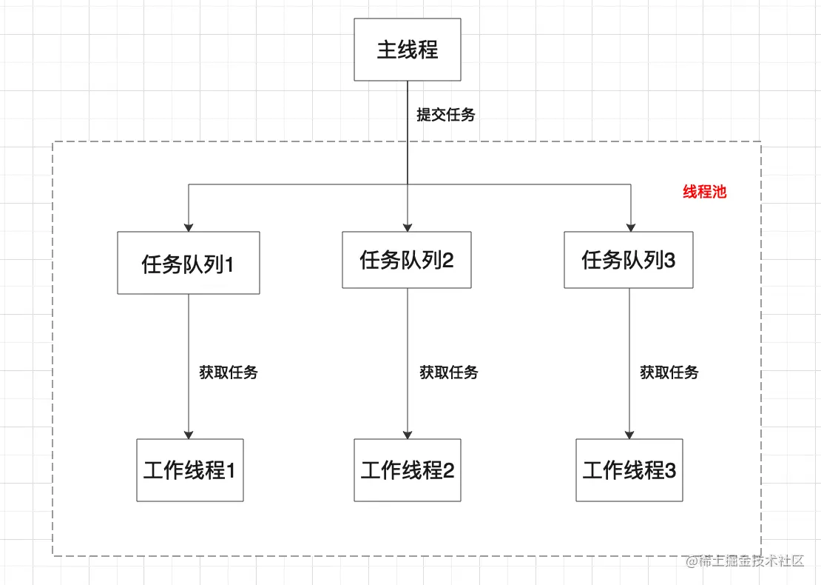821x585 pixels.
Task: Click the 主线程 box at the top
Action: click(408, 50)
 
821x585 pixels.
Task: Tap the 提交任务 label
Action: click(445, 115)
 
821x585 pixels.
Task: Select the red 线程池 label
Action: click(704, 193)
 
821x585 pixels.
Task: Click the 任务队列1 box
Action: click(189, 263)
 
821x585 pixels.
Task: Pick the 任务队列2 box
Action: click(407, 260)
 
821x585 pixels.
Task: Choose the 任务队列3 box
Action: click(629, 260)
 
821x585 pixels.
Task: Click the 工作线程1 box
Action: click(189, 470)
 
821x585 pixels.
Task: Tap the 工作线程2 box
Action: click(408, 470)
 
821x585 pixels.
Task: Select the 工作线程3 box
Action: click(629, 470)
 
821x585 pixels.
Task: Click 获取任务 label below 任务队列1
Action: click(229, 372)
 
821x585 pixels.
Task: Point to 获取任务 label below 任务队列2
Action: click(449, 372)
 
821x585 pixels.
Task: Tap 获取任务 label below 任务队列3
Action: click(669, 372)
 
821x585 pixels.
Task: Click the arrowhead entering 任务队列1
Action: click(189, 227)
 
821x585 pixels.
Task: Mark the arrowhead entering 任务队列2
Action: click(408, 227)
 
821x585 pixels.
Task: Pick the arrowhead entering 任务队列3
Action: click(631, 227)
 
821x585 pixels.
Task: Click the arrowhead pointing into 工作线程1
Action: click(189, 434)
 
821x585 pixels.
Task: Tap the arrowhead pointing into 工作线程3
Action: click(629, 434)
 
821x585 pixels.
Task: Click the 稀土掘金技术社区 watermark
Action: click(745, 561)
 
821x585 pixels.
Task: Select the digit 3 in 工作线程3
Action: click(671, 471)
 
